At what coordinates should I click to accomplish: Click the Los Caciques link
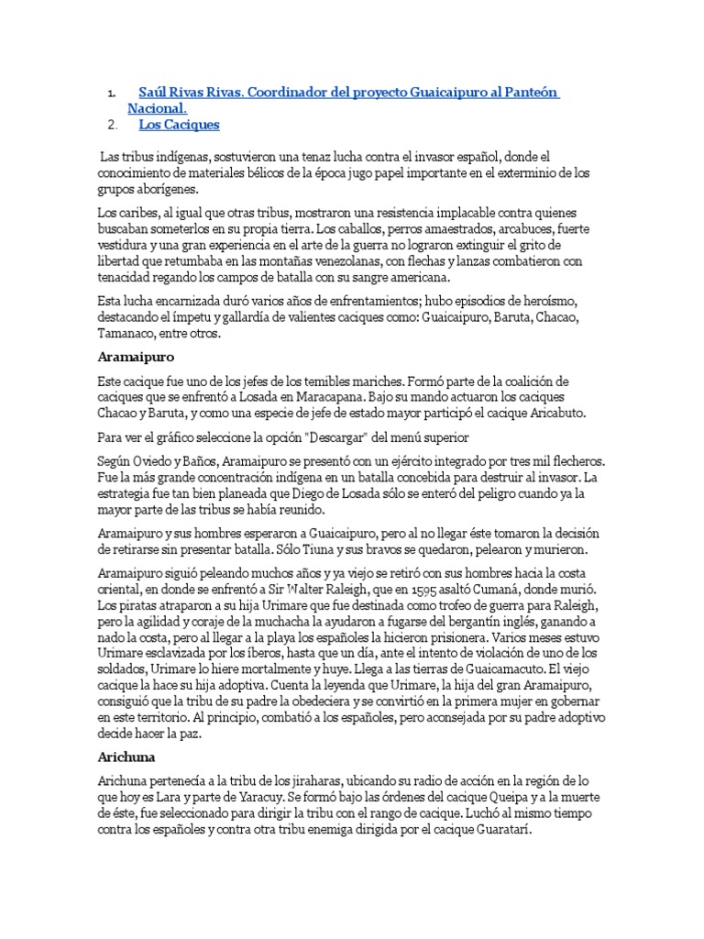point(179,125)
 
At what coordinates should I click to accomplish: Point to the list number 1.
point(111,93)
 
